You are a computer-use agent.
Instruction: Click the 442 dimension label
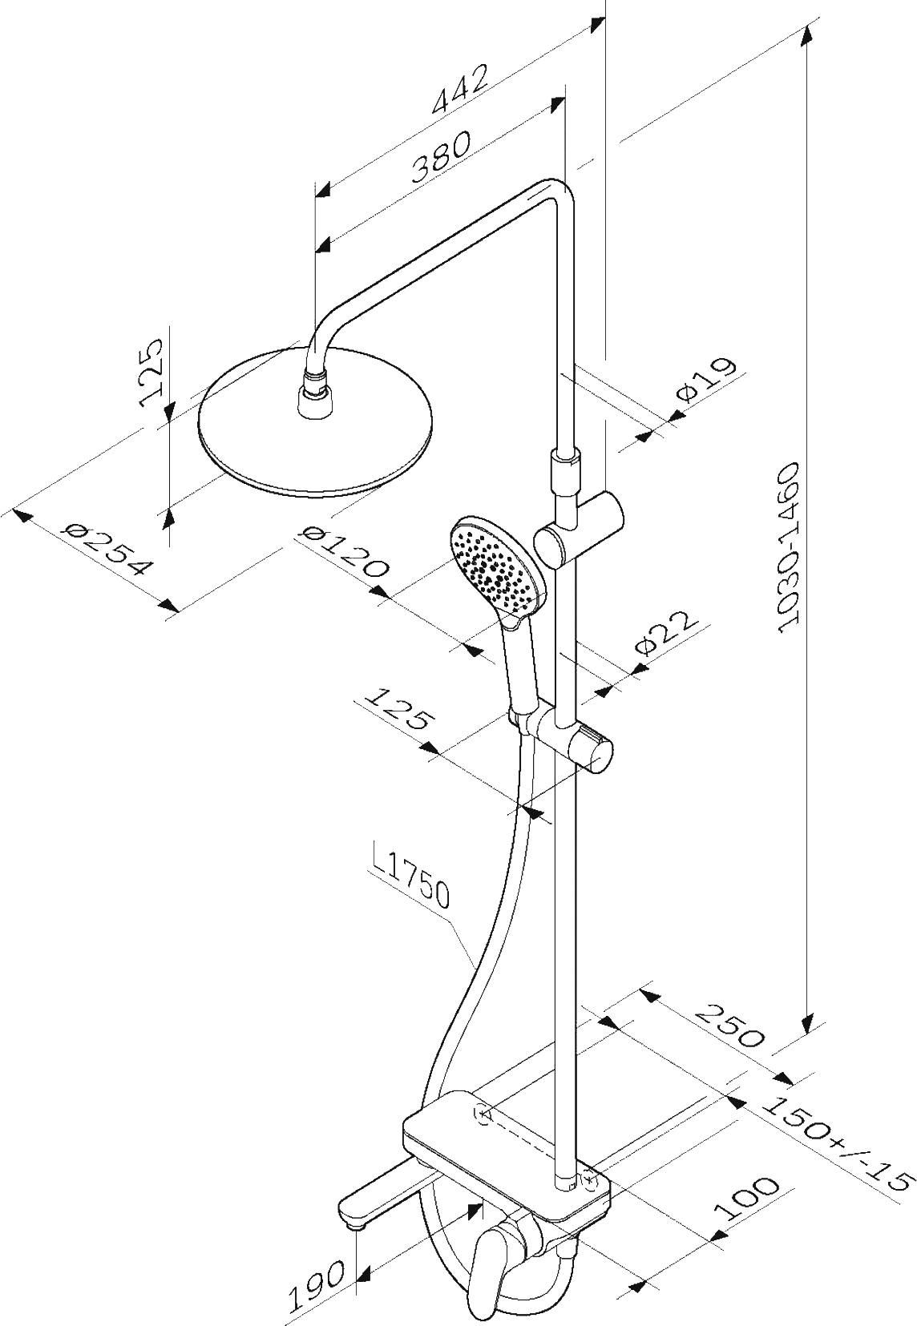459,88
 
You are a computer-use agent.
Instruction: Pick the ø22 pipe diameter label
665,633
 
